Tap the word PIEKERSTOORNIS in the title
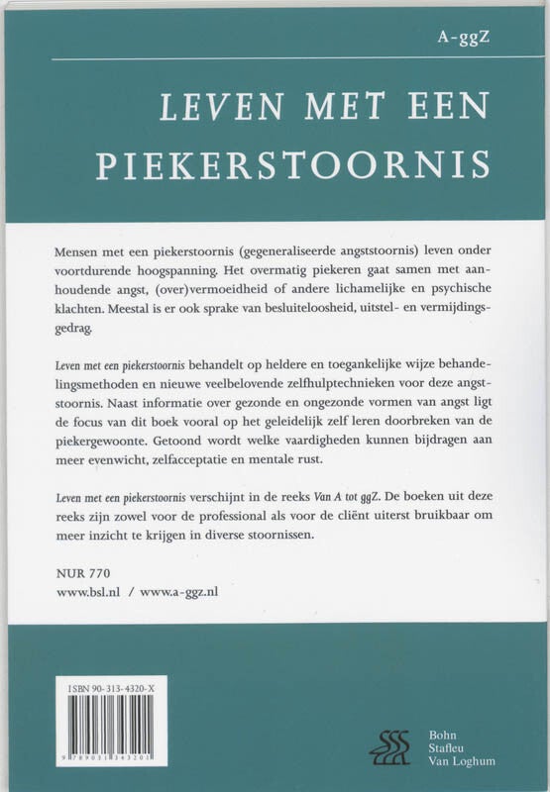(293, 164)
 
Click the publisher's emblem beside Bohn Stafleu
(389, 746)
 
